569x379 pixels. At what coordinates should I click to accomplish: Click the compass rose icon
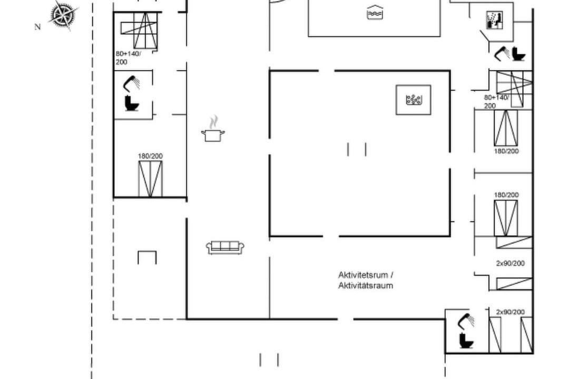(x=64, y=15)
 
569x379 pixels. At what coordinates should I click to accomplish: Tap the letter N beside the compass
(x=37, y=27)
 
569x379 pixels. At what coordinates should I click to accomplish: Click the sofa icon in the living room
(x=225, y=247)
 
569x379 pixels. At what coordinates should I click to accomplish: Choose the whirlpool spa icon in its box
(x=414, y=99)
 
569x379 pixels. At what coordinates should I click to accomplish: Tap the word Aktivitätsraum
(x=366, y=285)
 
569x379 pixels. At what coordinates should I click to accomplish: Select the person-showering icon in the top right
(x=494, y=21)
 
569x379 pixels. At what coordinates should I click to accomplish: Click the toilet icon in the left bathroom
(x=132, y=103)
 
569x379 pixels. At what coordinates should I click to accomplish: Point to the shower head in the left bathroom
(x=131, y=83)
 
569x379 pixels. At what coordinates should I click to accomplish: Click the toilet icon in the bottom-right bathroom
(x=466, y=340)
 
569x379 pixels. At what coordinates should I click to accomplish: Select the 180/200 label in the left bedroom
(x=150, y=156)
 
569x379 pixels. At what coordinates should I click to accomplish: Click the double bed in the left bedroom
(x=150, y=179)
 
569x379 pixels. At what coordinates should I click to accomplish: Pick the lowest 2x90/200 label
(x=510, y=312)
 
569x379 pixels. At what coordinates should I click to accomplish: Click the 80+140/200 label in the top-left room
(x=128, y=58)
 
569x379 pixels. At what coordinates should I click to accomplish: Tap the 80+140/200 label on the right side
(x=496, y=102)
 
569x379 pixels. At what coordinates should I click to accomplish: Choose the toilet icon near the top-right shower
(x=518, y=54)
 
